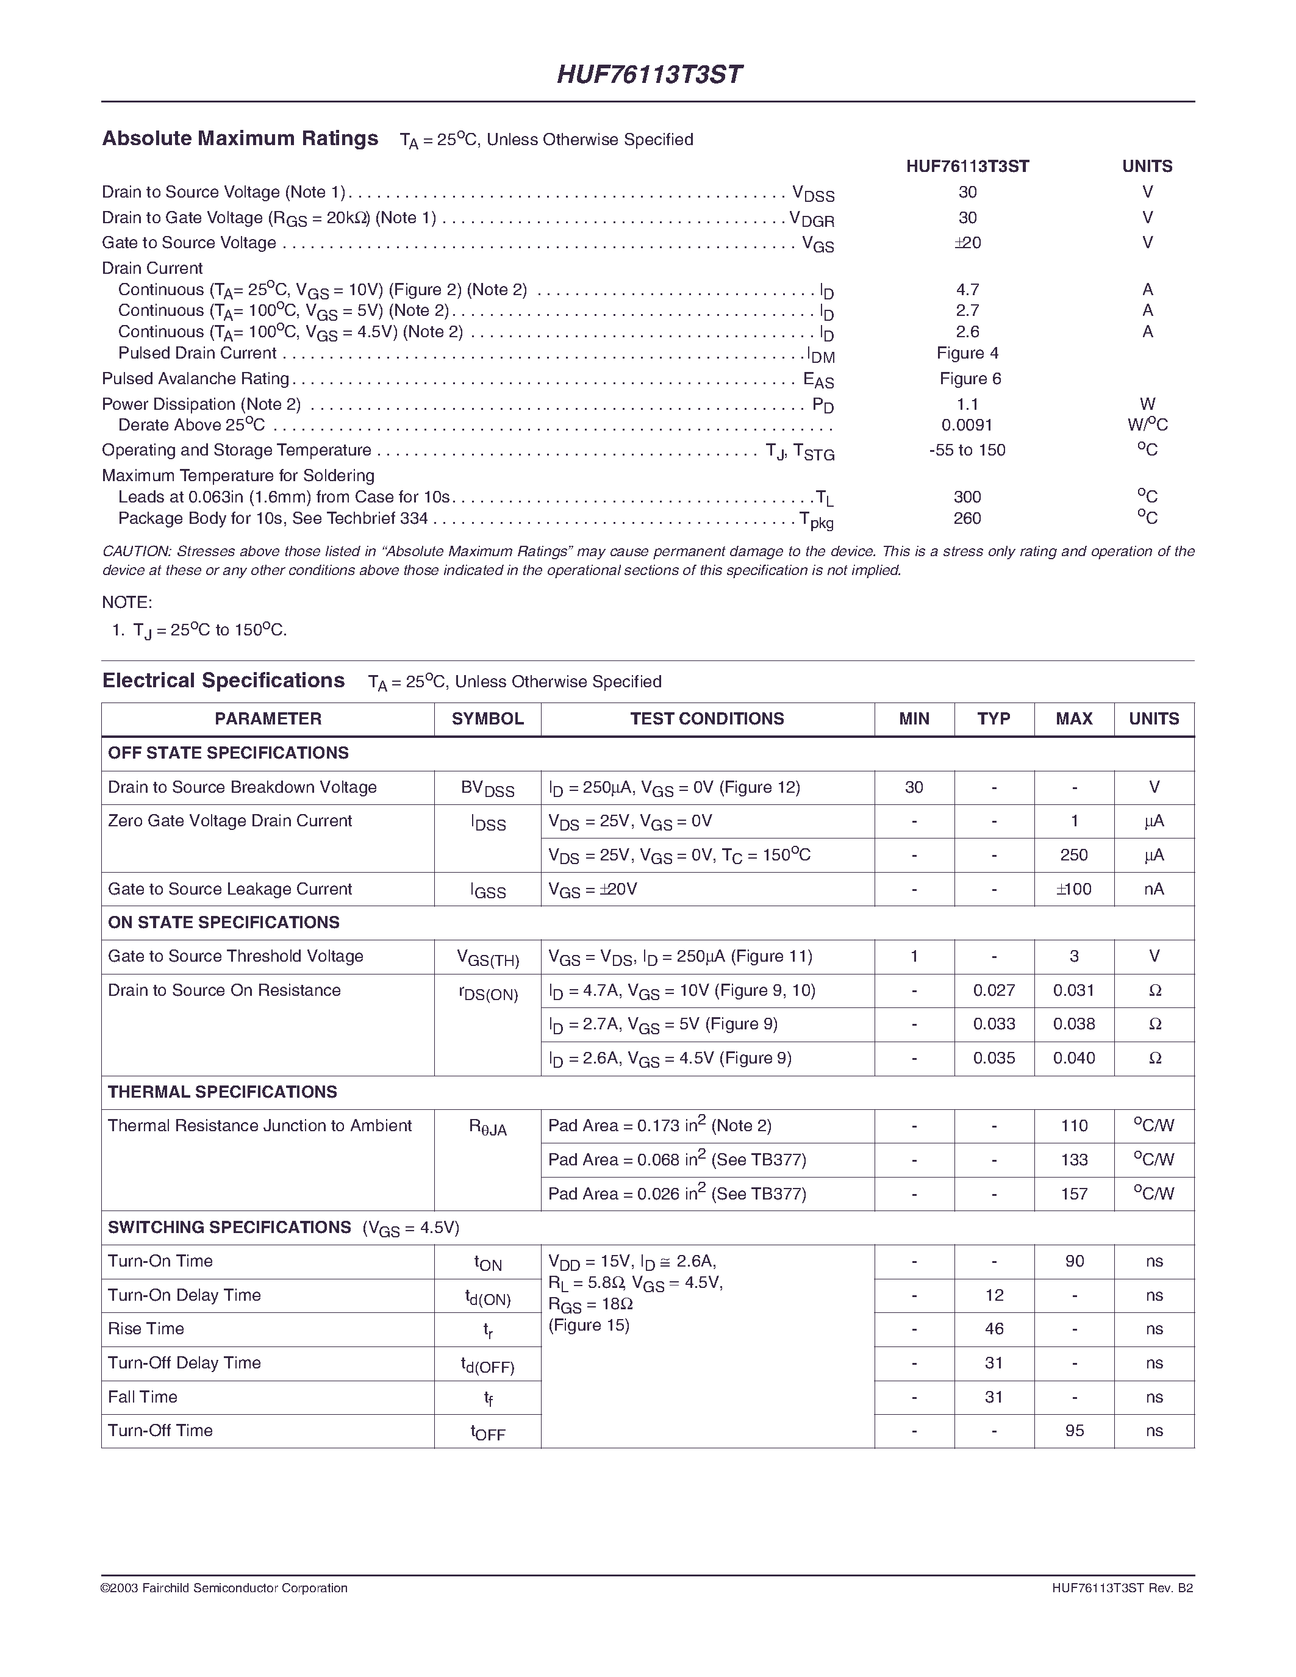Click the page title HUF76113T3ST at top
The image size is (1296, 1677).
pyautogui.click(x=649, y=74)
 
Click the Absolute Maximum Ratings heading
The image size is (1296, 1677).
pyautogui.click(x=240, y=138)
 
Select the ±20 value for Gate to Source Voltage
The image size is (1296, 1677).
pyautogui.click(x=967, y=243)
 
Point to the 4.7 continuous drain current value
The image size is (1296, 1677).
pyautogui.click(x=967, y=290)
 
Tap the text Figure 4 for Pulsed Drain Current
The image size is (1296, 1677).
pyautogui.click(x=967, y=353)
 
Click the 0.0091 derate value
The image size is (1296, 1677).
pyautogui.click(x=967, y=424)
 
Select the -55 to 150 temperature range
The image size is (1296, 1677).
pyautogui.click(x=967, y=450)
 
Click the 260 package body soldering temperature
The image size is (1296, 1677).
pyautogui.click(x=967, y=518)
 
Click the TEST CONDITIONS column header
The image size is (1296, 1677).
pyautogui.click(x=707, y=719)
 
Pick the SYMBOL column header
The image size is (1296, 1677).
pyautogui.click(x=487, y=719)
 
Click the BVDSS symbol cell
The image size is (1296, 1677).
pyautogui.click(x=487, y=788)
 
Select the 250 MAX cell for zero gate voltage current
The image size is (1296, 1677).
pyautogui.click(x=1074, y=854)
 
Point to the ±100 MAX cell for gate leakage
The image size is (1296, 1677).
pyautogui.click(x=1074, y=889)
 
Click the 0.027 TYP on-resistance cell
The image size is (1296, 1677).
pyautogui.click(x=994, y=990)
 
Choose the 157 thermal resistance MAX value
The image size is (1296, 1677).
pyautogui.click(x=1074, y=1194)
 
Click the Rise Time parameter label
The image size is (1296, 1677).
pyautogui.click(x=146, y=1329)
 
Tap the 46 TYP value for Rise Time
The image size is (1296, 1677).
pyautogui.click(x=994, y=1329)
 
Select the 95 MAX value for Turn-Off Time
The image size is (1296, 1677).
pyautogui.click(x=1074, y=1431)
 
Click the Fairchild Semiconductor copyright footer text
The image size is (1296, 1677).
pyautogui.click(x=224, y=1588)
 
